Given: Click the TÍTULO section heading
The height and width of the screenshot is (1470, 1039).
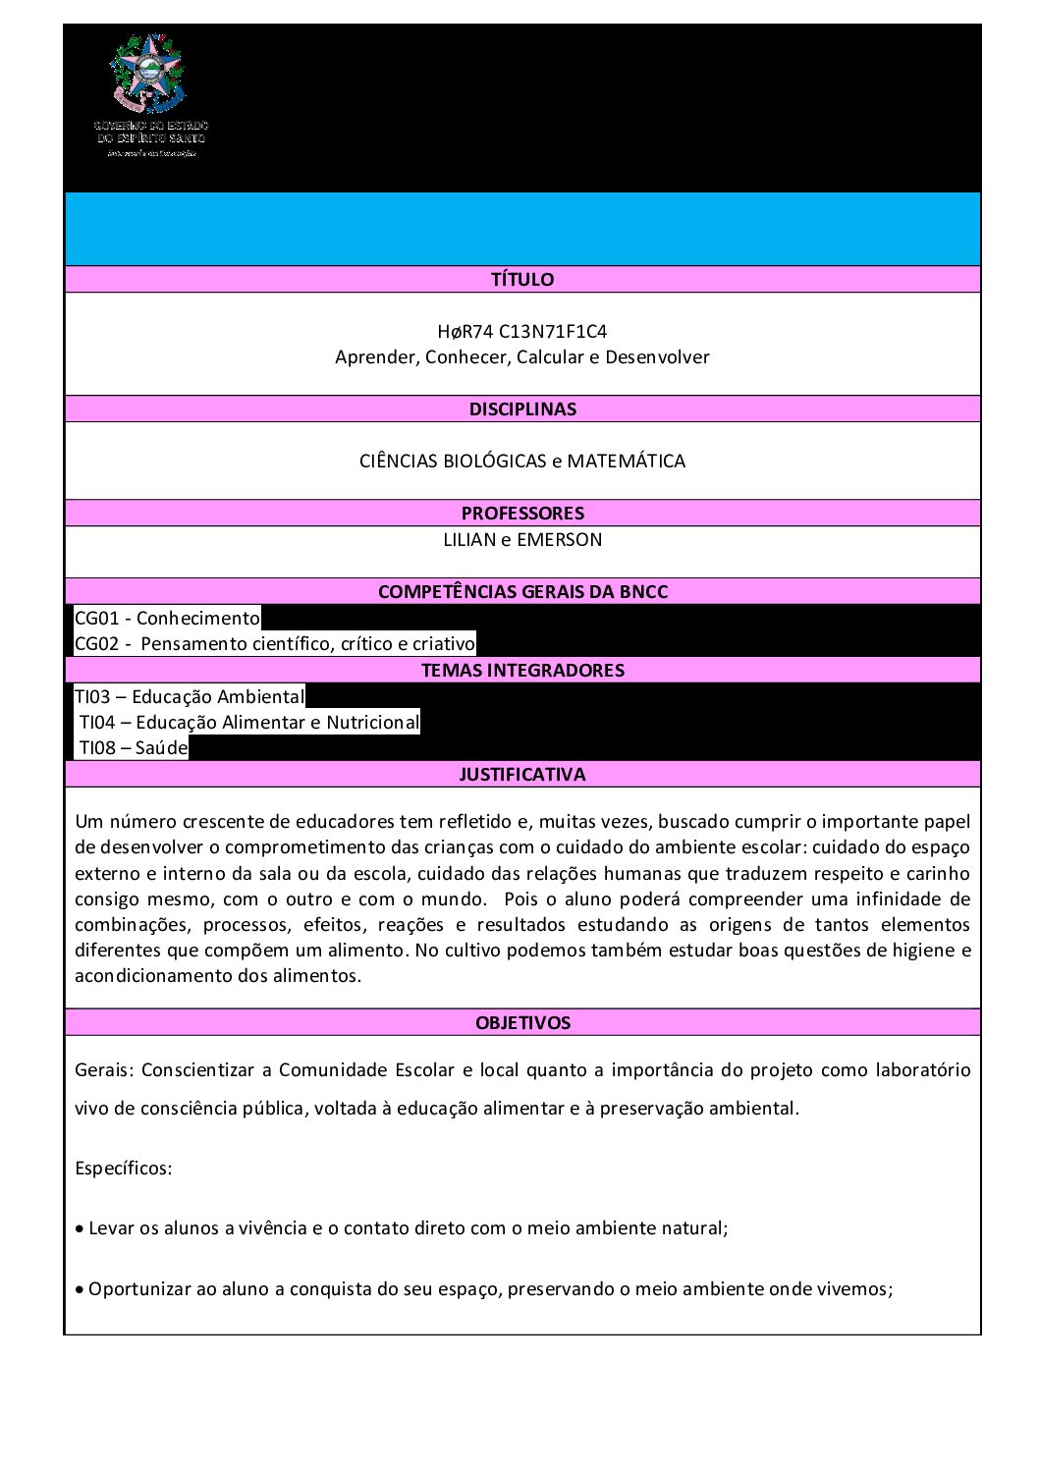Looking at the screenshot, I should pyautogui.click(x=522, y=280).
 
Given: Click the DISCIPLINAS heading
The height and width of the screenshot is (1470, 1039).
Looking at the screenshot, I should pyautogui.click(x=522, y=409).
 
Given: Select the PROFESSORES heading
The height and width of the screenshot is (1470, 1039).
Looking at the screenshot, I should pyautogui.click(x=522, y=514).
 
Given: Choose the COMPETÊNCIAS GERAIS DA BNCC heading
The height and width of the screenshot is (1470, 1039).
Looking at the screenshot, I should pyautogui.click(x=522, y=592).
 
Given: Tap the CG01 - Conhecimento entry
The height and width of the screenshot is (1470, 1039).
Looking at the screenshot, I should pyautogui.click(x=168, y=619).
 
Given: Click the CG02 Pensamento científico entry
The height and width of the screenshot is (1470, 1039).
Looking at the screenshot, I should pyautogui.click(x=275, y=644).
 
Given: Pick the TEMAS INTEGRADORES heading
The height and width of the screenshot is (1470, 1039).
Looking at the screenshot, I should pyautogui.click(x=522, y=671).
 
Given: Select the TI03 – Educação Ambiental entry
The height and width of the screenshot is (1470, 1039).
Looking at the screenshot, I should pyautogui.click(x=190, y=697).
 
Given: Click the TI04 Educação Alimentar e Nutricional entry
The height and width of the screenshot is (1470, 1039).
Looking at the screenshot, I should pyautogui.click(x=248, y=723).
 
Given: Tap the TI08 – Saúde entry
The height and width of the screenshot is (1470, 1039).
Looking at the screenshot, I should pyautogui.click(x=133, y=748).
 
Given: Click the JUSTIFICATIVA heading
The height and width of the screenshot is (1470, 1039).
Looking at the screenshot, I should pyautogui.click(x=522, y=775).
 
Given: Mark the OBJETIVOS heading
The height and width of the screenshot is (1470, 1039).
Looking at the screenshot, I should pyautogui.click(x=522, y=1023).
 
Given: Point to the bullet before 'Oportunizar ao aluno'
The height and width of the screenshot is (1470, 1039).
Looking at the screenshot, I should pyautogui.click(x=80, y=1290).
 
